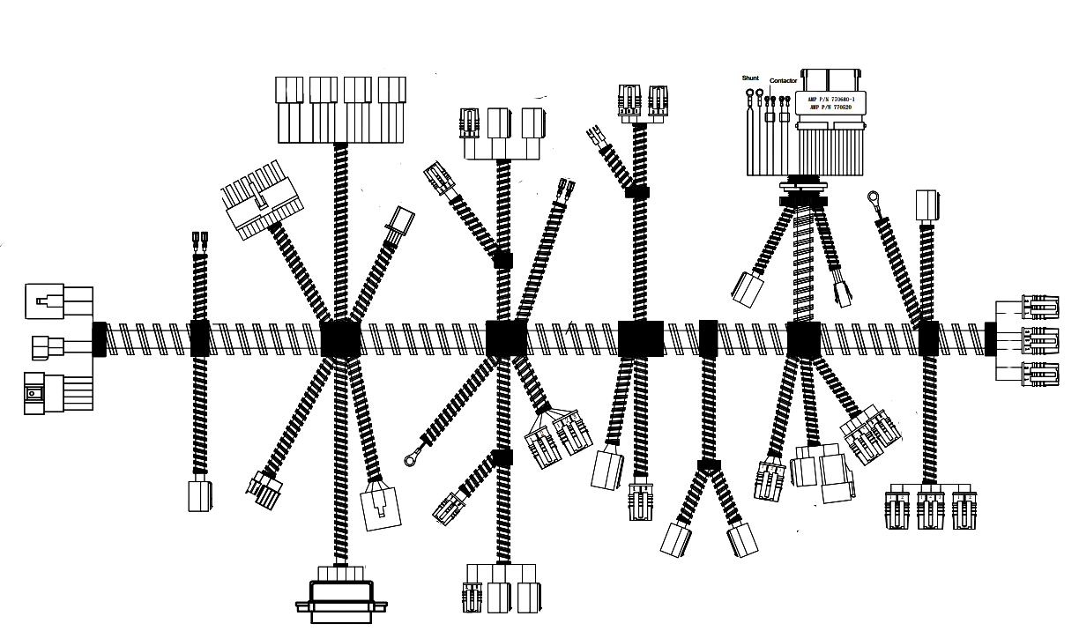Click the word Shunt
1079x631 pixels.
pyautogui.click(x=750, y=78)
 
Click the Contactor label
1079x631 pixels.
pyautogui.click(x=783, y=81)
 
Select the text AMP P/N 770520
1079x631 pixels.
pyautogui.click(x=831, y=108)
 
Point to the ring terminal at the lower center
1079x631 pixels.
pyautogui.click(x=411, y=458)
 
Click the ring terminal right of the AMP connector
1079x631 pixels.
pyautogui.click(x=874, y=198)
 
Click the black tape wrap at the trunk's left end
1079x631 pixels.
pyautogui.click(x=99, y=339)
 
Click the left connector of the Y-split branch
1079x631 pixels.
pyautogui.click(x=676, y=538)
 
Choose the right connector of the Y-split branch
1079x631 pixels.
pyautogui.click(x=742, y=539)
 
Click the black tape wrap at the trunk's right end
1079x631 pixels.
pyautogui.click(x=990, y=339)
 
